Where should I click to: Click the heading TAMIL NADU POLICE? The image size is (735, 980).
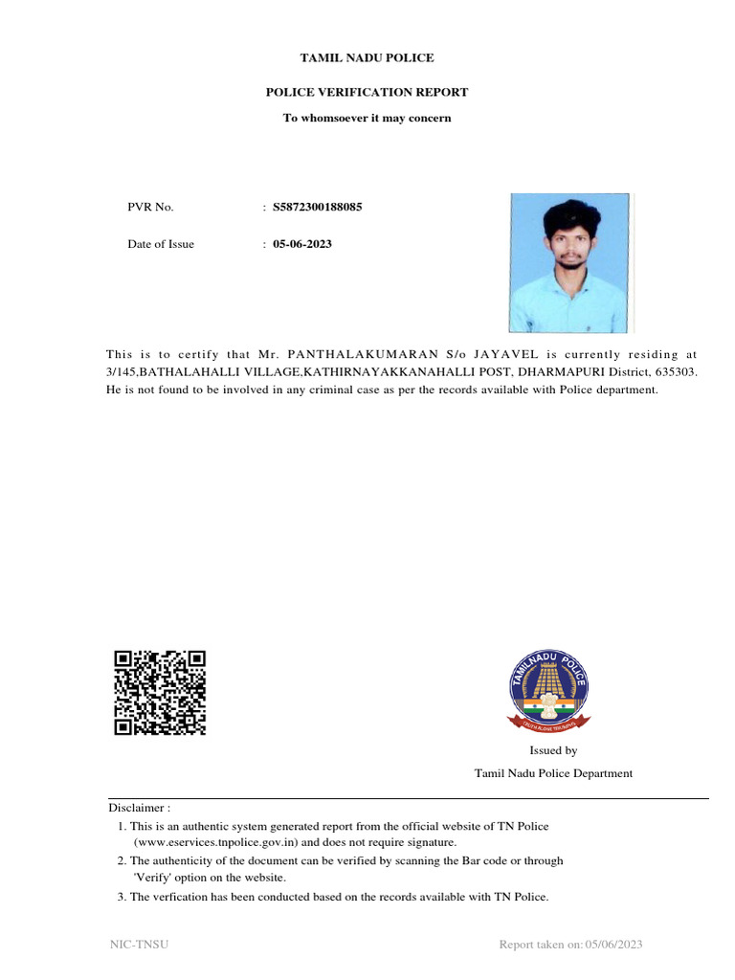click(x=367, y=58)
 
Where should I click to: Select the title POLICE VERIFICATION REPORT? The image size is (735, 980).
click(x=367, y=93)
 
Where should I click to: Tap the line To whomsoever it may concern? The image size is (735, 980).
click(x=367, y=119)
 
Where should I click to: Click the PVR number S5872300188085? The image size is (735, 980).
click(x=318, y=207)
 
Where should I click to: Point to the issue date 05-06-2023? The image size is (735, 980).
click(x=302, y=244)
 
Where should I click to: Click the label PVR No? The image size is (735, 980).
click(x=150, y=207)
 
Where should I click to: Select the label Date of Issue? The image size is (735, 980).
click(x=161, y=244)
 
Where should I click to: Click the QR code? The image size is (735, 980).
click(x=160, y=692)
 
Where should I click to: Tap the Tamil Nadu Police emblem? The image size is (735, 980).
click(x=548, y=688)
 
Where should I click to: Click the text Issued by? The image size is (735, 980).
click(x=553, y=751)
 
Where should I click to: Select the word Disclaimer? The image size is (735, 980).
click(x=139, y=808)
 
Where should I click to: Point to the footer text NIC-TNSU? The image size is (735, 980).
click(x=139, y=946)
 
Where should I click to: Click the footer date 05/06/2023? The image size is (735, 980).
click(x=613, y=946)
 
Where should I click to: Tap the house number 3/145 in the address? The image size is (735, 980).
click(x=122, y=371)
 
